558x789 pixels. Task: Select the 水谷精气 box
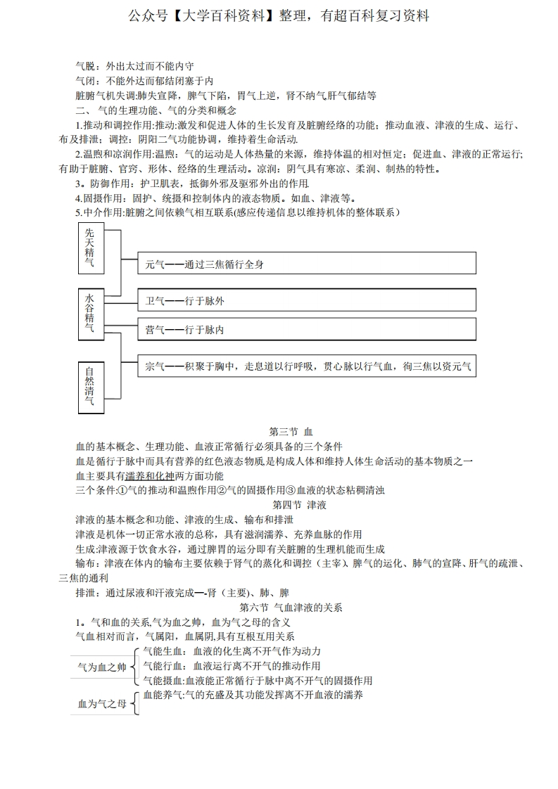click(x=90, y=313)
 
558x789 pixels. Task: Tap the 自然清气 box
click(x=90, y=386)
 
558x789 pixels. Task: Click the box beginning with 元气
click(x=306, y=264)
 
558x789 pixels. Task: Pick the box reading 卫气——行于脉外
click(x=306, y=301)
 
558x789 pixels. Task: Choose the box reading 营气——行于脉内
click(x=306, y=329)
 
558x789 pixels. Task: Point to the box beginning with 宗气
click(x=306, y=366)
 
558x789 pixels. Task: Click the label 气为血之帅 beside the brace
click(x=102, y=667)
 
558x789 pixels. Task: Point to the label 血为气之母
click(x=102, y=703)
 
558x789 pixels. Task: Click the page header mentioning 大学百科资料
click(x=279, y=15)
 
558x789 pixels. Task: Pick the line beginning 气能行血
click(x=232, y=666)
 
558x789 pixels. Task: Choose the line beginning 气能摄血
click(x=257, y=680)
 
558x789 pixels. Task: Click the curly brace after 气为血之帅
click(x=134, y=667)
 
